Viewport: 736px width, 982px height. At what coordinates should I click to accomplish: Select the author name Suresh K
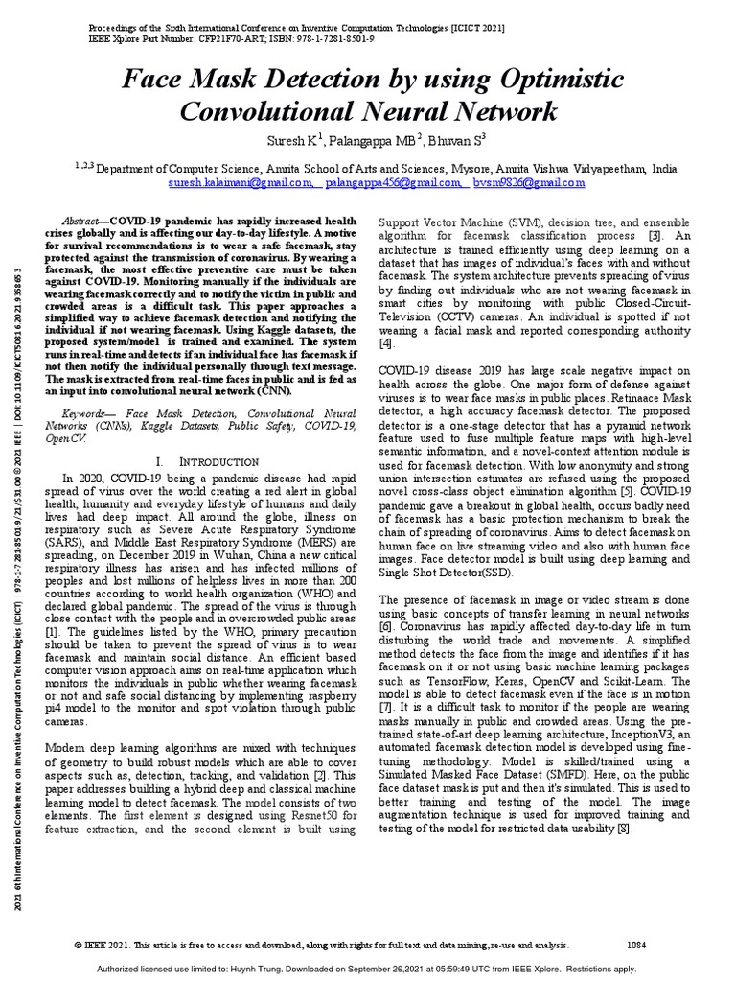click(x=292, y=140)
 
